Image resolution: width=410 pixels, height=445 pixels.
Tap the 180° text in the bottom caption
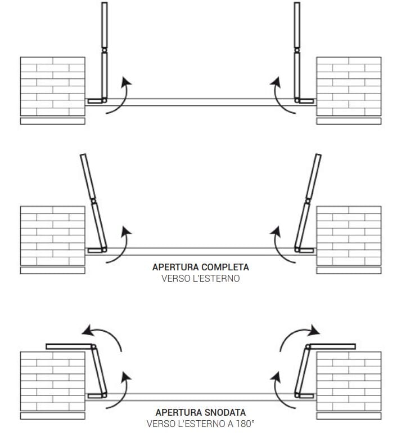tap(247, 424)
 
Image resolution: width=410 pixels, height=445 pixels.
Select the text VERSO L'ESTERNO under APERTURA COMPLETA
tap(200, 278)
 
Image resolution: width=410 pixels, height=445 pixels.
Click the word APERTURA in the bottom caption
tap(174, 412)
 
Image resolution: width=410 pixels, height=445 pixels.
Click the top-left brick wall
tap(52, 86)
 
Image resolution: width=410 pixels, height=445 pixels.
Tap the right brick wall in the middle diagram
tap(349, 235)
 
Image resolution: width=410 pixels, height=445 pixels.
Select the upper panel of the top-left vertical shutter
tap(103, 25)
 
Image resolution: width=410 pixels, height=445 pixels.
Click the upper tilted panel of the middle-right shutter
tap(315, 176)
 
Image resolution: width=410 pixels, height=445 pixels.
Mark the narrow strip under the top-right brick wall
tap(349, 121)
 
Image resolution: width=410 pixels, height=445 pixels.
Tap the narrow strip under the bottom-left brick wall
tap(52, 416)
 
